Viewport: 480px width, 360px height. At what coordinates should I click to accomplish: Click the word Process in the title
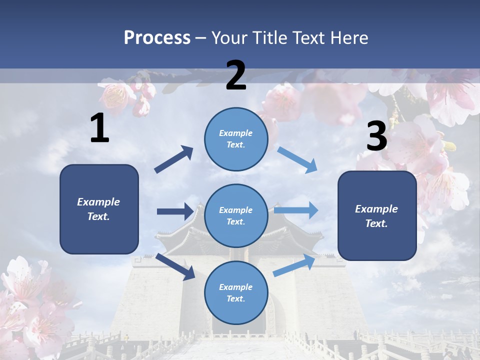(157, 37)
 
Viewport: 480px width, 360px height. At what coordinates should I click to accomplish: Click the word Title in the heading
(268, 37)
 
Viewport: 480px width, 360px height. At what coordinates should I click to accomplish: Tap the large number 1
(99, 128)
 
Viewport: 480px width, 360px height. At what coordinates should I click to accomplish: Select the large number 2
(236, 75)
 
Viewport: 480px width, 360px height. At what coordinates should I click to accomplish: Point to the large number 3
(376, 136)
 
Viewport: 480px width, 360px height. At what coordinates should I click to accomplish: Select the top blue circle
(236, 139)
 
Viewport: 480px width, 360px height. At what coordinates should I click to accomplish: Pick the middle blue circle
(236, 216)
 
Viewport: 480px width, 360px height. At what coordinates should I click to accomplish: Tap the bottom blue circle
(236, 293)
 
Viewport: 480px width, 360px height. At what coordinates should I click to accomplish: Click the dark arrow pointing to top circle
(174, 159)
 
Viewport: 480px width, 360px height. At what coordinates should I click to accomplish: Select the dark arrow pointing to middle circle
(175, 211)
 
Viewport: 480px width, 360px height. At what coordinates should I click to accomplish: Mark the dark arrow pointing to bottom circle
(175, 267)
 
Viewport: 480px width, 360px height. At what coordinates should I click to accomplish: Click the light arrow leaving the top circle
(297, 160)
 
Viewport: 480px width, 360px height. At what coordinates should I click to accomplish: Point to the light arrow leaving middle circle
(296, 210)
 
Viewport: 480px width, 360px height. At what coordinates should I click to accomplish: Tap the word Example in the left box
(98, 202)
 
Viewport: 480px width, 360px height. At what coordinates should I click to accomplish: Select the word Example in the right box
(376, 209)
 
